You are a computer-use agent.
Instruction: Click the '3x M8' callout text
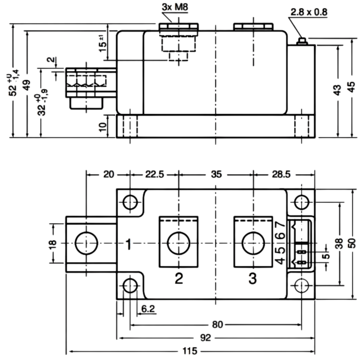click(175, 7)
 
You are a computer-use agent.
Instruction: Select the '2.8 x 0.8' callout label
click(309, 12)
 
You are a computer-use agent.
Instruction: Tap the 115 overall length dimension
click(190, 351)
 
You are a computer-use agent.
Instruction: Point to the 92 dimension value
click(205, 338)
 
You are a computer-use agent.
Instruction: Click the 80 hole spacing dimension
click(217, 324)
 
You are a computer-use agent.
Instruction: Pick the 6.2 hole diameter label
click(148, 309)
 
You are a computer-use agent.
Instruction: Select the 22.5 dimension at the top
click(154, 174)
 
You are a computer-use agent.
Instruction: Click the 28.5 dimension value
click(281, 174)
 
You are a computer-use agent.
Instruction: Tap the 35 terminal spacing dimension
click(216, 174)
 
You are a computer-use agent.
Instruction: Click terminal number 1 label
click(129, 244)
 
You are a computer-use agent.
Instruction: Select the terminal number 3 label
click(253, 278)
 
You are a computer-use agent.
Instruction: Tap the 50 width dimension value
click(352, 243)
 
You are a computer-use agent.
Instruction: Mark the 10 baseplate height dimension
click(103, 127)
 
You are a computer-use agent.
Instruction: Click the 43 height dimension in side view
click(338, 90)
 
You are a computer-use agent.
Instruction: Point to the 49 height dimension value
click(27, 85)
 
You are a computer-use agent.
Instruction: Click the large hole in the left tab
click(86, 243)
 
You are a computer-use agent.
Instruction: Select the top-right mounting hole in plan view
click(302, 202)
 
